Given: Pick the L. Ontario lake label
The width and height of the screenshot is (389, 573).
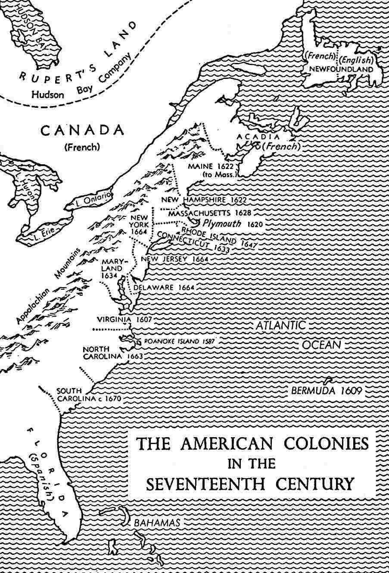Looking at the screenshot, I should (93, 200).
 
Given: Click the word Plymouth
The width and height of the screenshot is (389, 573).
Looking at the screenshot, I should (219, 223).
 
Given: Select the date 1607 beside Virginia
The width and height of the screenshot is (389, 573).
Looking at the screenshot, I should (143, 319).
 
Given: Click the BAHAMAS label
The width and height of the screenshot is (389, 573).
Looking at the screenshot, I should (157, 522).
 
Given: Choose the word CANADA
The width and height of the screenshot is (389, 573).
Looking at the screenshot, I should (82, 130).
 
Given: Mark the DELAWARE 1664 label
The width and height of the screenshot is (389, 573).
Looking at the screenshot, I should (164, 288).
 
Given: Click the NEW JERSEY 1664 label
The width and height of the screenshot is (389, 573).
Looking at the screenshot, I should (175, 259).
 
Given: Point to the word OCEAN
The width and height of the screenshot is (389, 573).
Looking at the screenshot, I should (321, 344).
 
